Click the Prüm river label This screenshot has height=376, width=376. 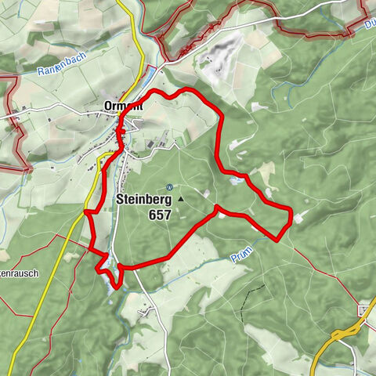pos(243,256)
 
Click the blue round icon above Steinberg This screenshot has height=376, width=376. pos(169,186)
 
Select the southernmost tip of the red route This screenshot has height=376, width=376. pos(117,287)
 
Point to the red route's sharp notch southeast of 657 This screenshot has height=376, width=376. pos(216,208)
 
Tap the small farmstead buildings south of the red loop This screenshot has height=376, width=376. pos(143,312)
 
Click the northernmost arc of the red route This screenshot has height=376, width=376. pos(186,90)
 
